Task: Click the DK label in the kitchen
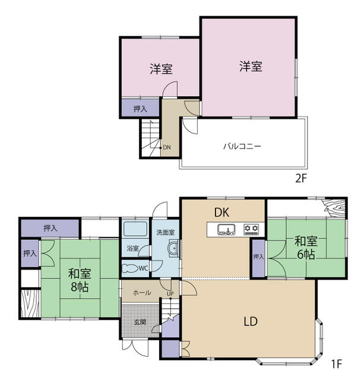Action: (x=221, y=213)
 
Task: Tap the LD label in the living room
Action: (x=251, y=321)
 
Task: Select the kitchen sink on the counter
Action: (x=226, y=230)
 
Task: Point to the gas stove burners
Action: (x=251, y=229)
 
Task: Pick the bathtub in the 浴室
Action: (x=135, y=229)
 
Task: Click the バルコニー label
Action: (x=242, y=147)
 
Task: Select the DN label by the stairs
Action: (x=167, y=147)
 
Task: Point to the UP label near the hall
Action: (x=170, y=293)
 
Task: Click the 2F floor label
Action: (x=301, y=179)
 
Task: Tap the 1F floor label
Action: (x=336, y=363)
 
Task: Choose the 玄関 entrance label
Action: (x=140, y=322)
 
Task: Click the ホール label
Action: (x=142, y=293)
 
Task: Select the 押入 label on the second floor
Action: (x=140, y=109)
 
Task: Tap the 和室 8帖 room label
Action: (x=80, y=280)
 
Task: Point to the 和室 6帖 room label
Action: (x=306, y=248)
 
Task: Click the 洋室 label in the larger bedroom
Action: (x=251, y=66)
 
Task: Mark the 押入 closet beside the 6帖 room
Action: (x=258, y=258)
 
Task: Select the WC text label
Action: (x=143, y=268)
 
